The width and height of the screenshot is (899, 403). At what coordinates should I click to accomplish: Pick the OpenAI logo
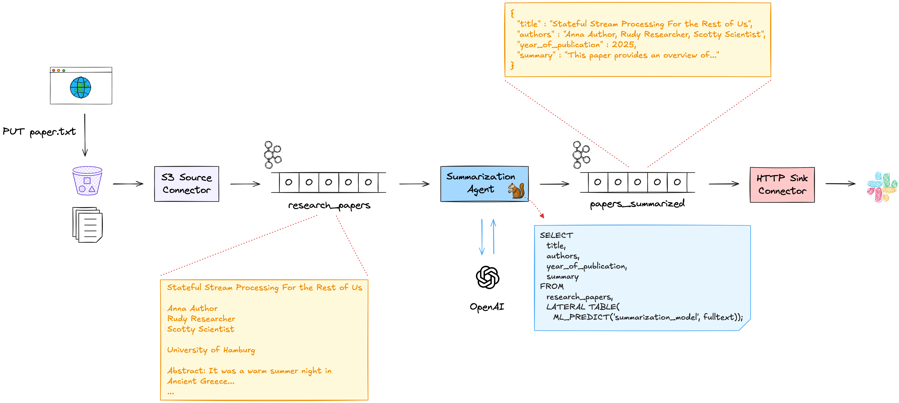tap(488, 277)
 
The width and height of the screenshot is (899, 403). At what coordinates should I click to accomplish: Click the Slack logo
tap(881, 187)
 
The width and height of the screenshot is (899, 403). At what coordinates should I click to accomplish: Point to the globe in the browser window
tap(81, 88)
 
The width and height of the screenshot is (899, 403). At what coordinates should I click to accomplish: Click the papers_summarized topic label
tap(637, 204)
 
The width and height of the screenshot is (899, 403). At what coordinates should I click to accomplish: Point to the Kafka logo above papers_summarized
tap(581, 155)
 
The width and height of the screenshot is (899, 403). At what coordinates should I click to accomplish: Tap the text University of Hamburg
tap(211, 350)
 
